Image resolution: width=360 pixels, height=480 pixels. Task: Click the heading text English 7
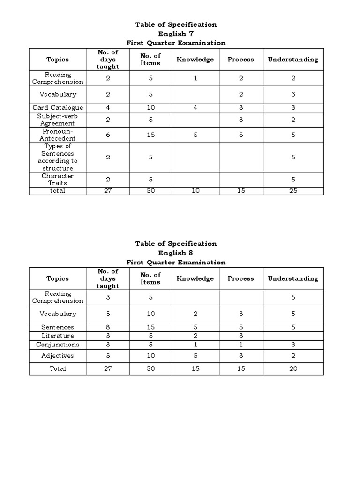(176, 34)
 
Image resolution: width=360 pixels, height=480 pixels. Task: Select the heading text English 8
(176, 253)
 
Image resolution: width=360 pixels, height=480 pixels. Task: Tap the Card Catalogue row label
(58, 108)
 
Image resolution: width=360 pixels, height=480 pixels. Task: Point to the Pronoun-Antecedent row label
(58, 135)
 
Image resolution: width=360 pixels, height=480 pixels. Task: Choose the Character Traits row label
(58, 179)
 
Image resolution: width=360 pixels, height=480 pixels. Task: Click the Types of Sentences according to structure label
(58, 157)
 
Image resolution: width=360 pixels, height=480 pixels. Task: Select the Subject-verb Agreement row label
(58, 120)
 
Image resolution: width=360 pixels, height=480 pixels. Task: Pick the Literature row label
(58, 336)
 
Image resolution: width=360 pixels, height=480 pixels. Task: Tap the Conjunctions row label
(58, 345)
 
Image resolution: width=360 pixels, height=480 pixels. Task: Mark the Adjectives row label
(58, 356)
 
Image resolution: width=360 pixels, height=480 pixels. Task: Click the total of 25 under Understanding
(293, 191)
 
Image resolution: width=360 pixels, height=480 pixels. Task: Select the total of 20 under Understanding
(293, 368)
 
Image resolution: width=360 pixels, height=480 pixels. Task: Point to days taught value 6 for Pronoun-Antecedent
(108, 135)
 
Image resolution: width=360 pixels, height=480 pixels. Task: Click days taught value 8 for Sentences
(108, 327)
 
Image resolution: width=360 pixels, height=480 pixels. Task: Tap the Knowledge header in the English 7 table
(195, 60)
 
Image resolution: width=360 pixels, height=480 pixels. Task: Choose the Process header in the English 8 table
(240, 278)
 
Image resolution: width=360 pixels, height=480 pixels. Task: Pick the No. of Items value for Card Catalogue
(150, 108)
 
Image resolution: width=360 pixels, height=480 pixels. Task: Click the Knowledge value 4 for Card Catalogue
(195, 108)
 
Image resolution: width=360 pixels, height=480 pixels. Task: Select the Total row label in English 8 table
(58, 368)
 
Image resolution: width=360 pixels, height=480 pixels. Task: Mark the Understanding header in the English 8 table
(293, 278)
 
